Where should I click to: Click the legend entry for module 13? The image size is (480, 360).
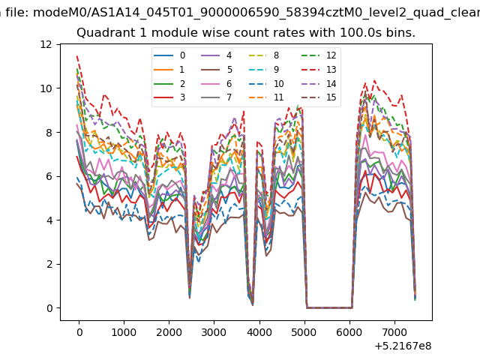[319, 70]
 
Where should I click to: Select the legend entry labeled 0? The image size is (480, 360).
[169, 55]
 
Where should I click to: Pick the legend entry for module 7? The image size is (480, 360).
[216, 97]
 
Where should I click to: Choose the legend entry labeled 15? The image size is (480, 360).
[319, 97]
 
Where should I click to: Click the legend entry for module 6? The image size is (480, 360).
[216, 83]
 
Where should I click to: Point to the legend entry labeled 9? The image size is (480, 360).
[263, 70]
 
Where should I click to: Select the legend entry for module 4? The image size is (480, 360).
[216, 55]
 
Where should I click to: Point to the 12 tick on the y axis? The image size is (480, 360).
[46, 45]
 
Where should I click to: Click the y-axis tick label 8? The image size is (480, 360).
[49, 133]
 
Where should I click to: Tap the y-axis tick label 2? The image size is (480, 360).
[49, 264]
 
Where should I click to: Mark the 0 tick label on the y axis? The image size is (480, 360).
[49, 308]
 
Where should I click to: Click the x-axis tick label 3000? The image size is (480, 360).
[214, 332]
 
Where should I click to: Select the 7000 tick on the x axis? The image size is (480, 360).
[394, 332]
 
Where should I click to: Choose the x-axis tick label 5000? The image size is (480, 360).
[304, 332]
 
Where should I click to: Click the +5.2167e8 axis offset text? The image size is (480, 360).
[403, 346]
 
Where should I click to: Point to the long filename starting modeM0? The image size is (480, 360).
[256, 13]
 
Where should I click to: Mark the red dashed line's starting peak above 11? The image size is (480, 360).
[77, 55]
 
